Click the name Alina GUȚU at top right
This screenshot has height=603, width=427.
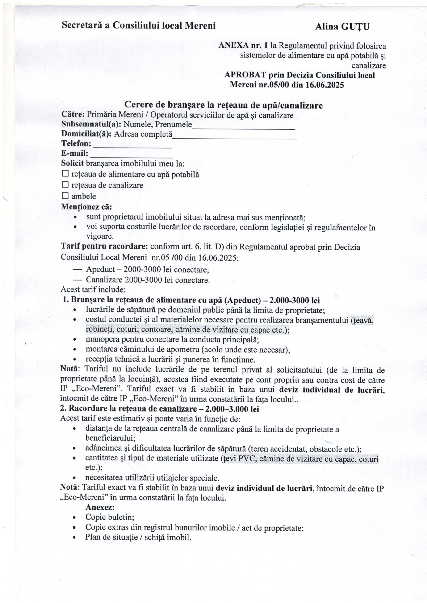click(342, 27)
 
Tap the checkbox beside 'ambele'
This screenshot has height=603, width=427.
click(65, 196)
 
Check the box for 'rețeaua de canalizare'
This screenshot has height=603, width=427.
click(65, 185)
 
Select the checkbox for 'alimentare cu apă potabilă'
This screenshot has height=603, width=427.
click(65, 174)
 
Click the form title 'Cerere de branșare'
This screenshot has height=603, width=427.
click(223, 105)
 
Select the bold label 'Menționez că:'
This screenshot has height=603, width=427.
click(86, 207)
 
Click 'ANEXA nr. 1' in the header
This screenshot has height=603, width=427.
click(243, 46)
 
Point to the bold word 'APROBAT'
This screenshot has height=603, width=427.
click(245, 75)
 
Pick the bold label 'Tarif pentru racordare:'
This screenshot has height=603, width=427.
click(105, 247)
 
